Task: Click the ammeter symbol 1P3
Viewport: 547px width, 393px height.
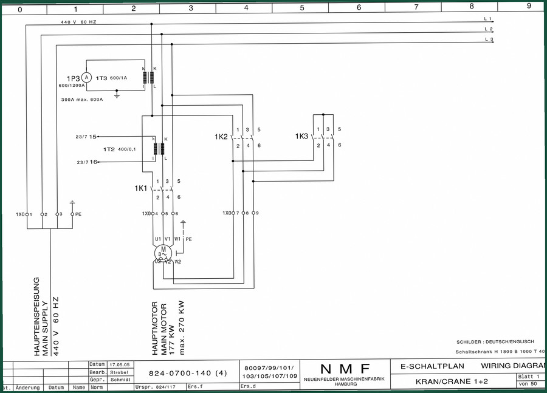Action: click(86, 77)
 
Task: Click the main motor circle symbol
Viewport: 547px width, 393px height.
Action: click(163, 253)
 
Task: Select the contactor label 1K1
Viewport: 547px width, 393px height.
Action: click(141, 188)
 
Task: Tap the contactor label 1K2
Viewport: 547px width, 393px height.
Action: click(221, 137)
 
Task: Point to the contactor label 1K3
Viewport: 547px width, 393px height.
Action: click(301, 136)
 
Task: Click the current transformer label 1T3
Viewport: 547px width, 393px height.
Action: click(101, 78)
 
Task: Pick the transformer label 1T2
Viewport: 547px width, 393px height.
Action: click(109, 149)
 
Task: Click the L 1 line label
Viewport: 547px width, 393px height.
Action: click(487, 18)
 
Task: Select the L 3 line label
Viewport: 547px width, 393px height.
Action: click(489, 39)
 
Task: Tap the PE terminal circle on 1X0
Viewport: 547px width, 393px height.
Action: click(72, 214)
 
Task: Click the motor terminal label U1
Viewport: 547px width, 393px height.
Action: click(158, 239)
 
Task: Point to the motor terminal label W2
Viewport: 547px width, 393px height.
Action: click(178, 262)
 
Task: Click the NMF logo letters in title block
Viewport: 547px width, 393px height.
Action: click(345, 369)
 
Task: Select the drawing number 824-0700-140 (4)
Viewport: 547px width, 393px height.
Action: click(188, 373)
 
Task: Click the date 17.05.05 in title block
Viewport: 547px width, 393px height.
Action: click(120, 364)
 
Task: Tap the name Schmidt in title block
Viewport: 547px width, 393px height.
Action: click(120, 380)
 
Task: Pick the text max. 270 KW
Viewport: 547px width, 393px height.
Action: click(181, 328)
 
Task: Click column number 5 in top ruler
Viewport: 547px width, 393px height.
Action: click(302, 8)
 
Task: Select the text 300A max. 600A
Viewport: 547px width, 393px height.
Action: click(82, 100)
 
